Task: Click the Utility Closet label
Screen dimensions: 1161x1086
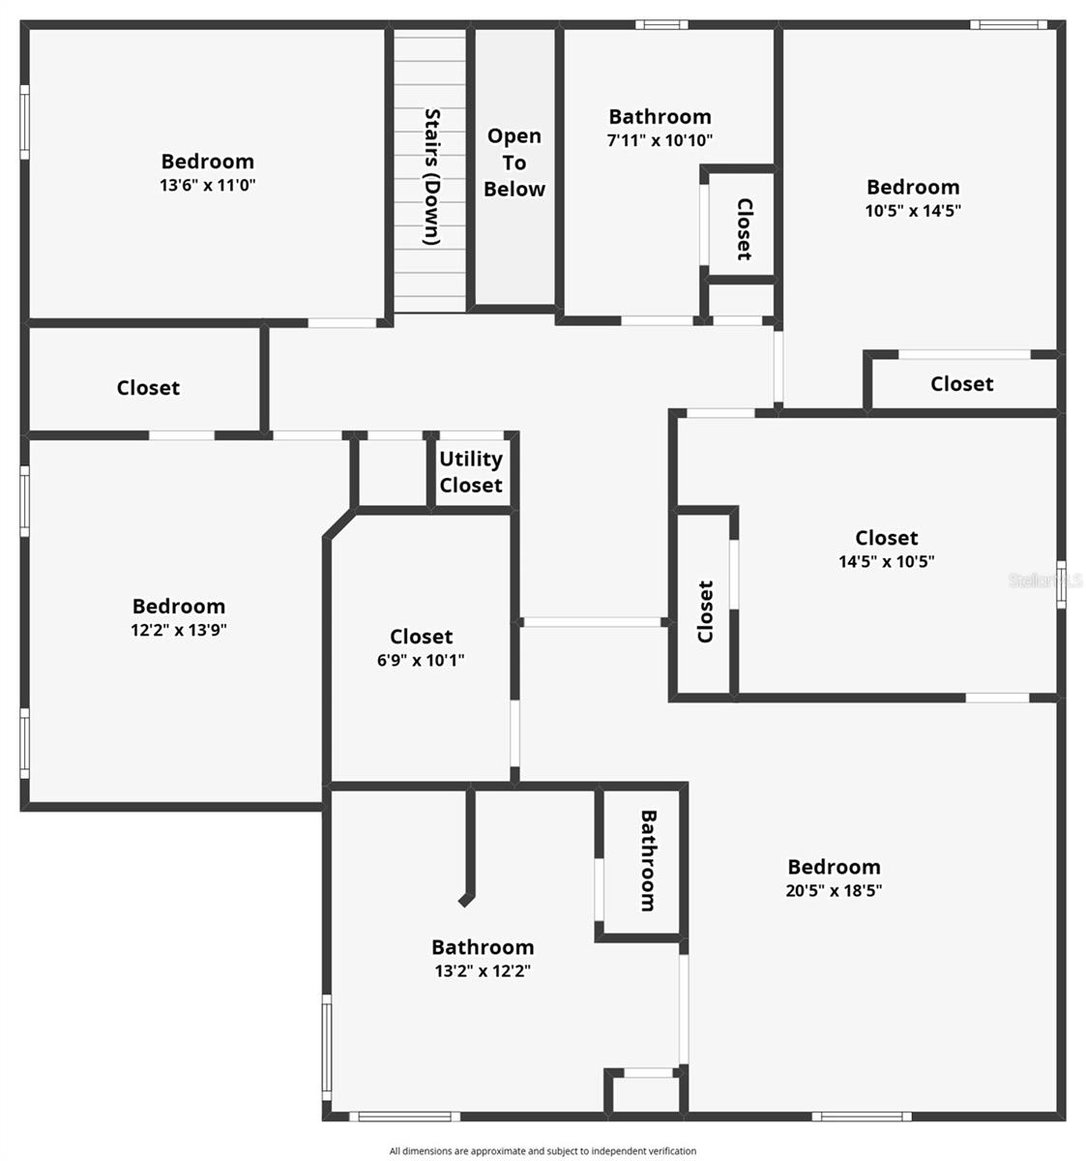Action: (x=471, y=472)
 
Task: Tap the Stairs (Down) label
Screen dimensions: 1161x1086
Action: (x=432, y=176)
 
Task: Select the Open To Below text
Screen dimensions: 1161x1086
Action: (x=514, y=163)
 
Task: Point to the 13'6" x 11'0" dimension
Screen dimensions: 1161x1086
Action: (x=208, y=186)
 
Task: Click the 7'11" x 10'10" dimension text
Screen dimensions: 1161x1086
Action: (x=660, y=140)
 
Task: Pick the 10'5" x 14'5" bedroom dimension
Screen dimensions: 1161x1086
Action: (x=913, y=211)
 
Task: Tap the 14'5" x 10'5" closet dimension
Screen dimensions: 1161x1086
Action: (x=887, y=561)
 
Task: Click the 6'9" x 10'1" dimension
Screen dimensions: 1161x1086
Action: (x=421, y=661)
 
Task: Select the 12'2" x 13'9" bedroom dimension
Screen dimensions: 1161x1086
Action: (x=179, y=630)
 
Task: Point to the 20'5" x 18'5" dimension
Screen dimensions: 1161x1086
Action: (x=834, y=891)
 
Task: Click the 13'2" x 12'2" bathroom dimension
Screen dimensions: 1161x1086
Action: (x=483, y=971)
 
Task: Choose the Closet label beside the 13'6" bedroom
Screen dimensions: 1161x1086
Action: (x=148, y=388)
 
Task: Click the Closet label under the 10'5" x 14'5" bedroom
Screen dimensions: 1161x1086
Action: (x=962, y=384)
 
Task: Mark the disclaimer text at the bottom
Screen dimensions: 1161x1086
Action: (x=543, y=1151)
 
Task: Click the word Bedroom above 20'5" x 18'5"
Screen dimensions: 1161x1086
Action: (x=834, y=867)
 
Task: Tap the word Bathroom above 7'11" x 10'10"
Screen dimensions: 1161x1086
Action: (x=660, y=117)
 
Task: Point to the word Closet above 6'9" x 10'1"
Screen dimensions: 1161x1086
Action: (x=421, y=637)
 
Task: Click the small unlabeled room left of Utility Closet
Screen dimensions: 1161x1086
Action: (x=392, y=473)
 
